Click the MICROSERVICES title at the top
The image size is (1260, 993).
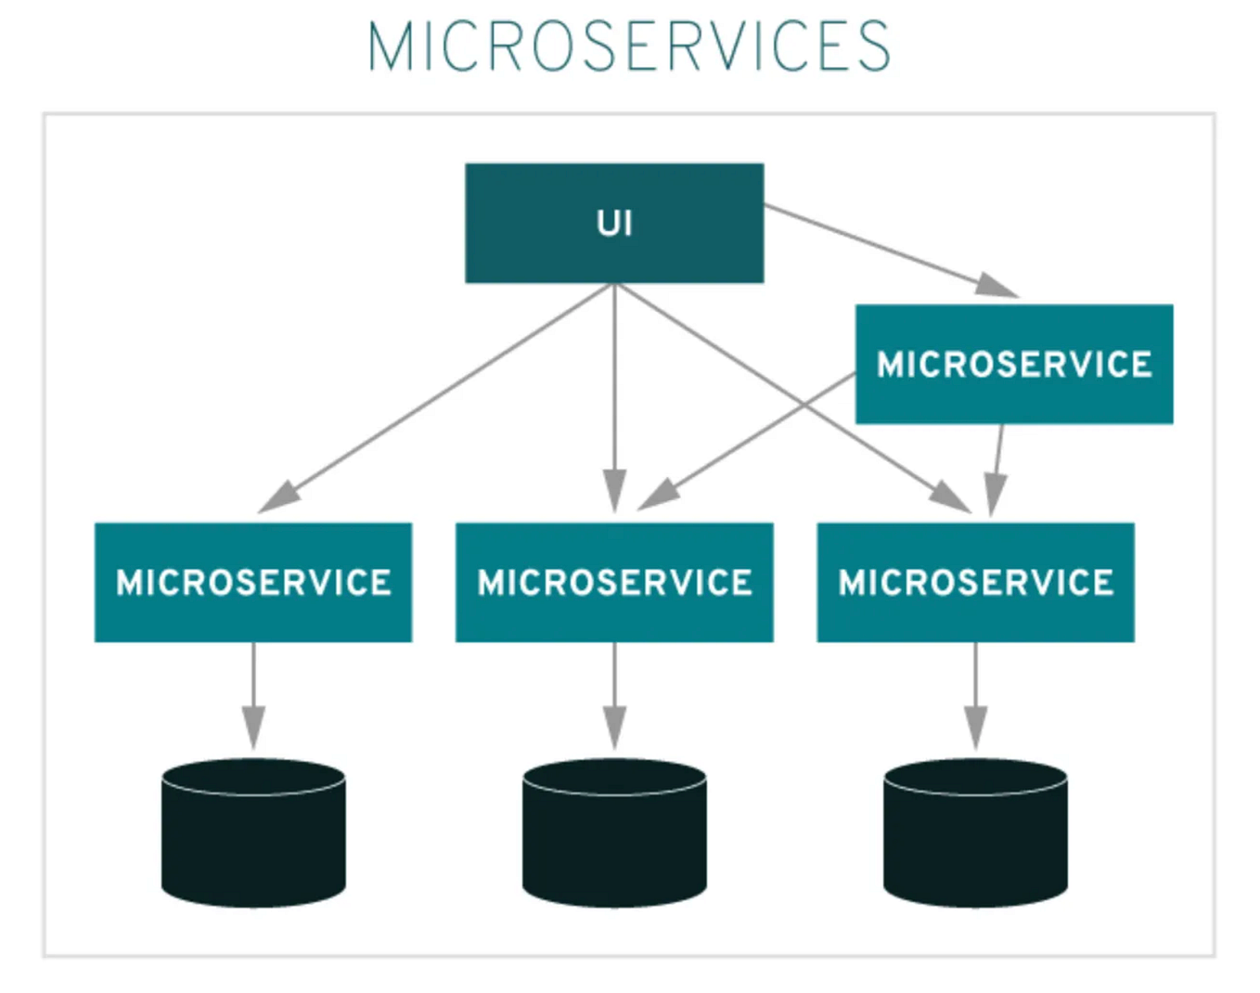629,46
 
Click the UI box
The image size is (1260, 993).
614,223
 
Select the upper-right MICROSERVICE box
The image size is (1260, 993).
1013,364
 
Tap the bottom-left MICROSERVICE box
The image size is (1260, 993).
253,582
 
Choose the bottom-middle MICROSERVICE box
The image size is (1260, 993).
614,582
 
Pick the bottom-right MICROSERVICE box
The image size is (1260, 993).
975,582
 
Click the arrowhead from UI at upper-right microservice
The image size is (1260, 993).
996,286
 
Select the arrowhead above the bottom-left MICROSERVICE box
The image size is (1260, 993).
279,496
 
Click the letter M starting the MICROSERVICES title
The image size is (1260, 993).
388,46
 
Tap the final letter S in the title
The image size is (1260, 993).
873,46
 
